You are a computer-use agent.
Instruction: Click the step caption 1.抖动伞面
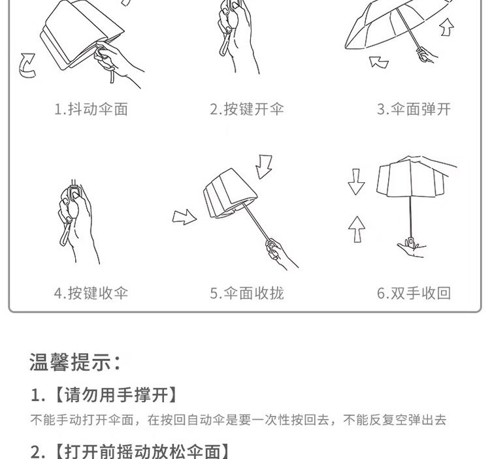tap(91, 109)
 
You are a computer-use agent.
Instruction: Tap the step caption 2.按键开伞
tap(247, 109)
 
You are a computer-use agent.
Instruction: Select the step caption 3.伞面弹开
tap(414, 109)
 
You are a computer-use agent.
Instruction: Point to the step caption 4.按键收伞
tap(91, 293)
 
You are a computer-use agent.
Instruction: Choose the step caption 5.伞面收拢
tap(247, 293)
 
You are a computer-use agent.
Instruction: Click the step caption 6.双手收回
tap(414, 293)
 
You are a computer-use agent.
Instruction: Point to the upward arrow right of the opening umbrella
tap(447, 27)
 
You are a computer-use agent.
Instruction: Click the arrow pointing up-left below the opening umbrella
tap(379, 62)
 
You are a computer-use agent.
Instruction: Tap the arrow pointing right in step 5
tap(184, 217)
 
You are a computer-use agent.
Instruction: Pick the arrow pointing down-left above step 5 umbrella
tap(264, 166)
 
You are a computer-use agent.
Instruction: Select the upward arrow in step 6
tap(357, 230)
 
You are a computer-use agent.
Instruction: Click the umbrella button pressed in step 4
tap(75, 195)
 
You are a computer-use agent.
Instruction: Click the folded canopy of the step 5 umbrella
tap(230, 194)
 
